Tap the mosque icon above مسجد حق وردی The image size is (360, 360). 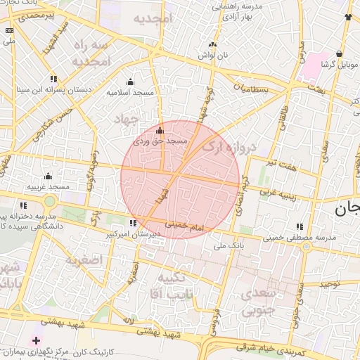click(x=160, y=131)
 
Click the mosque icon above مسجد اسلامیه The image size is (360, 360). click(x=129, y=82)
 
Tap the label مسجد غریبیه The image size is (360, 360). click(x=48, y=186)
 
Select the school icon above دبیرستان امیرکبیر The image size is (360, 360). click(x=133, y=224)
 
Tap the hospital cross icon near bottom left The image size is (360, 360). click(x=37, y=340)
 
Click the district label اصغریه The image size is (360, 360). click(x=84, y=260)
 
